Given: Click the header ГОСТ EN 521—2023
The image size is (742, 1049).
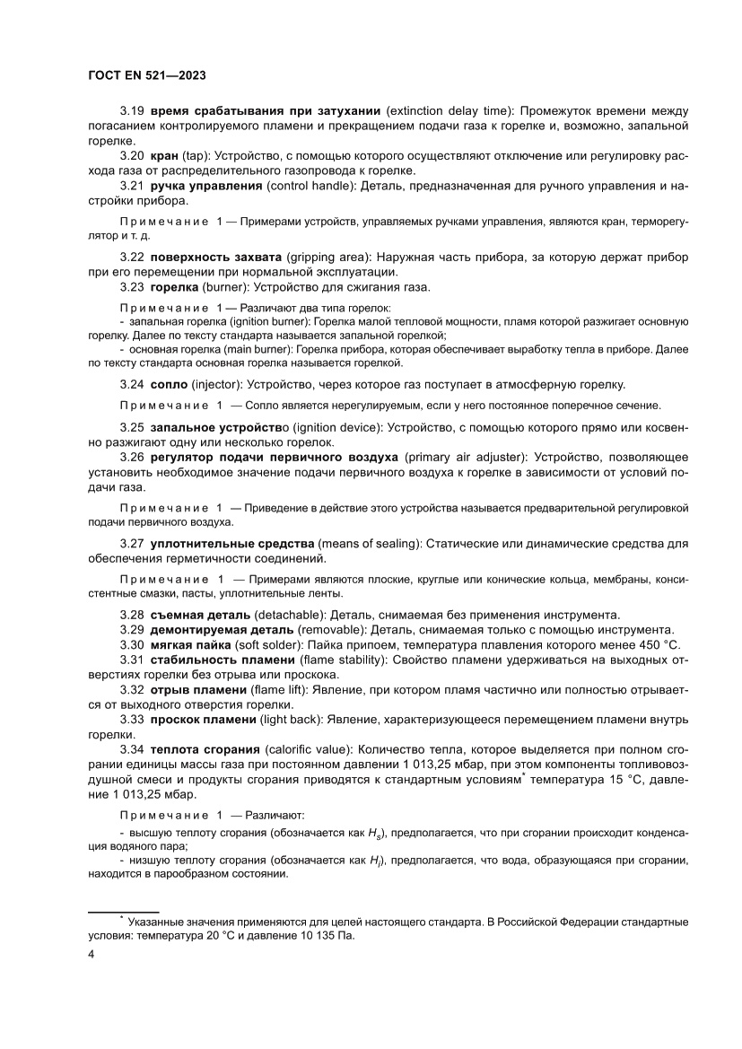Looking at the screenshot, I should tap(148, 75).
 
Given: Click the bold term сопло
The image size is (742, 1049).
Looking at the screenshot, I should tap(170, 384).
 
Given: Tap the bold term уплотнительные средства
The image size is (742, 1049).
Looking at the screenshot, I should tap(232, 544).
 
